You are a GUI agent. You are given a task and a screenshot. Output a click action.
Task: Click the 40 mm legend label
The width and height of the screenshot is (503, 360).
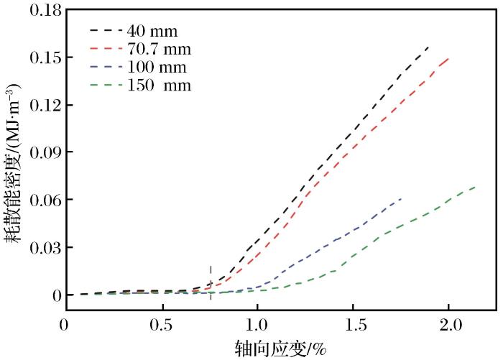point(152,32)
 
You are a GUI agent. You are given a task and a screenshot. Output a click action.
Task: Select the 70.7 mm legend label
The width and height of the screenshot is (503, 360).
point(159,50)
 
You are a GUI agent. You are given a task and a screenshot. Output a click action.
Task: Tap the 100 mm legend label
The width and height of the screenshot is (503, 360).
point(156,68)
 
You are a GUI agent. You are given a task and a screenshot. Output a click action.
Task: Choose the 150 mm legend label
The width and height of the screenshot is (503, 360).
point(157,86)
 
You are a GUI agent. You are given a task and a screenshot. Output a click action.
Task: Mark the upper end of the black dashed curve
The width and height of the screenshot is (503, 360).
point(429,46)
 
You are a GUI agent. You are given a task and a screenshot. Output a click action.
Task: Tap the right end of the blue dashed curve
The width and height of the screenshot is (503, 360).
point(401,198)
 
